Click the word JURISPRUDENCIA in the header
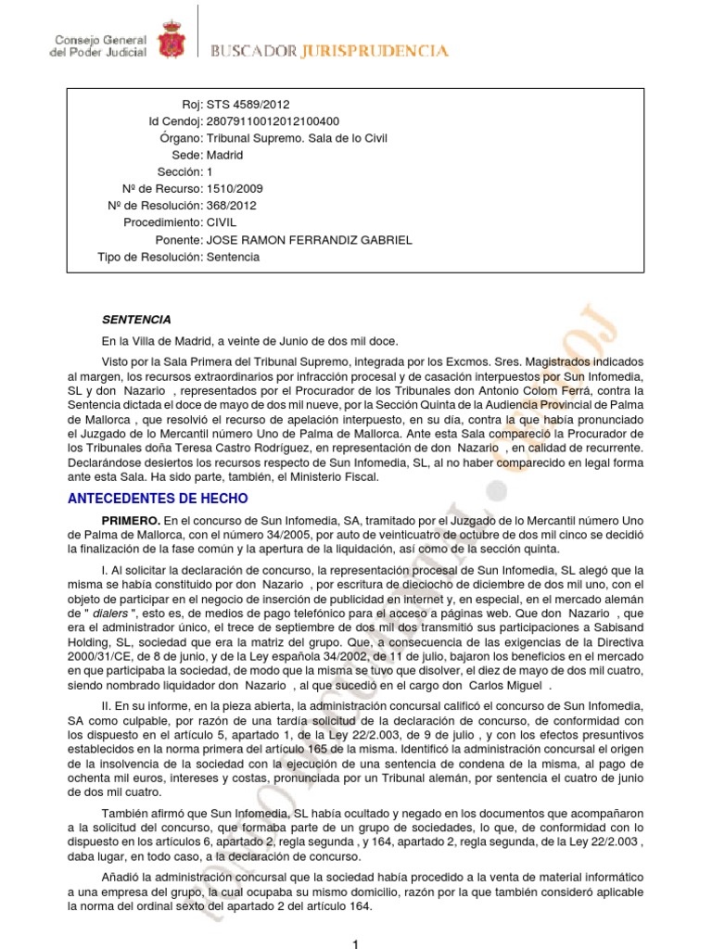[x=375, y=52]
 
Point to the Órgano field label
[x=181, y=138]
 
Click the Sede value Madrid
[x=224, y=156]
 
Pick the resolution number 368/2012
[x=231, y=206]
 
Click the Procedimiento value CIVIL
[x=222, y=223]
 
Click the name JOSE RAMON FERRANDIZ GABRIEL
[x=309, y=240]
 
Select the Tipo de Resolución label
[x=149, y=257]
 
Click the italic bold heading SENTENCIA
[x=136, y=320]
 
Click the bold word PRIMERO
[x=131, y=523]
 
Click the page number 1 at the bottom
[x=356, y=943]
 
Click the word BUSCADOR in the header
[x=253, y=52]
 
